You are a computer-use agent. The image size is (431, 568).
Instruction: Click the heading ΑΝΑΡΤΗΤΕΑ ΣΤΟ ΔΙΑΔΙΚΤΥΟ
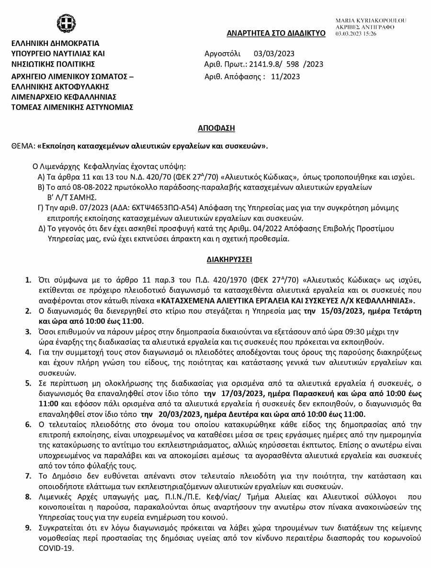[276, 33]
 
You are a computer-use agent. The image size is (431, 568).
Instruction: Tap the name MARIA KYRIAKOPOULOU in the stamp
[371, 21]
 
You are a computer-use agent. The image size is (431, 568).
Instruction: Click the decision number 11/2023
[285, 76]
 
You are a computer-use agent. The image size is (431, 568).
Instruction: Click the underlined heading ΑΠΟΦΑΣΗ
[216, 128]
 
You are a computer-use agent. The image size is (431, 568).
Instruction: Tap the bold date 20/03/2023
[174, 414]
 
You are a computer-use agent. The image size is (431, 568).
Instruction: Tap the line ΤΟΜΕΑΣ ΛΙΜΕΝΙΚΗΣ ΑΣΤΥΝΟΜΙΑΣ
[72, 107]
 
